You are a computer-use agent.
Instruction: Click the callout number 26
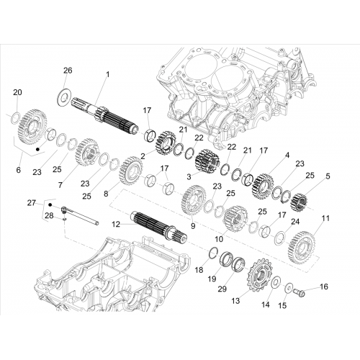68,71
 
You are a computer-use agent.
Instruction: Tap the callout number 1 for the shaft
108,74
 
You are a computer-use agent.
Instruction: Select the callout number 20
17,92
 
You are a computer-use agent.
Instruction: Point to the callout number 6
19,170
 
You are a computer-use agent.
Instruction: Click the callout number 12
116,225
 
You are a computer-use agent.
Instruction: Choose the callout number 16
324,287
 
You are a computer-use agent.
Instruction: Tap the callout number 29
222,289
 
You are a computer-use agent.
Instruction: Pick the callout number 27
32,203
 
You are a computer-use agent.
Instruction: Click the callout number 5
328,176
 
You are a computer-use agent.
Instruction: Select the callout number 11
325,218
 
